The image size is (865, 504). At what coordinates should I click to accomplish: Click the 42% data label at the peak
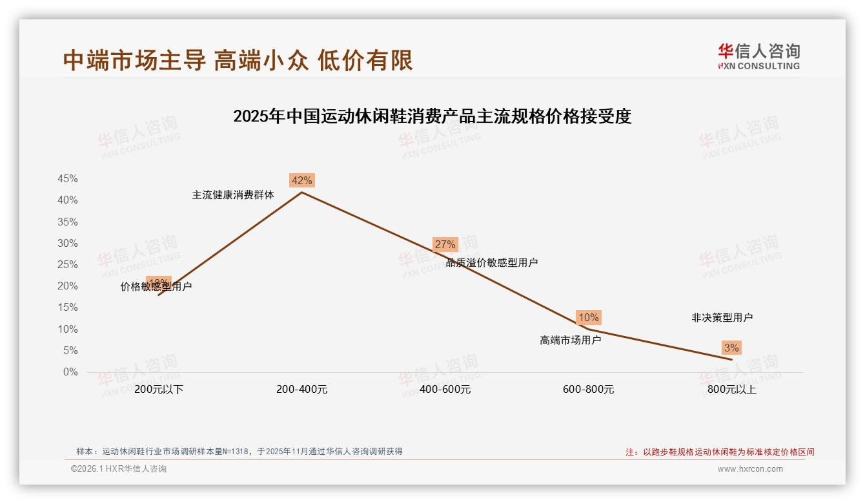click(x=301, y=181)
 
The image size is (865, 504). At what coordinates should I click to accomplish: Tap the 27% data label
click(x=445, y=244)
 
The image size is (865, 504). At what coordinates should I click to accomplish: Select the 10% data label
click(x=588, y=317)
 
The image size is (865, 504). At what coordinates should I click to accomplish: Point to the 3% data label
click(x=731, y=348)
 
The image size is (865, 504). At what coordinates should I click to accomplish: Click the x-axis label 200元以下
click(x=159, y=390)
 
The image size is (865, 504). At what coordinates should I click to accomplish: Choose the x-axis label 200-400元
click(x=301, y=390)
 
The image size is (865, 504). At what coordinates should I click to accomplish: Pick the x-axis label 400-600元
click(x=445, y=390)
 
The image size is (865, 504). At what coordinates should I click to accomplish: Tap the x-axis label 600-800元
click(x=588, y=390)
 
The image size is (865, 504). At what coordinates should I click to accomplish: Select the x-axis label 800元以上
click(x=731, y=390)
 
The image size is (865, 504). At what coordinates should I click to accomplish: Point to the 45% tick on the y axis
click(x=68, y=179)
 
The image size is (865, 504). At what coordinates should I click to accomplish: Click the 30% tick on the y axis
click(x=68, y=244)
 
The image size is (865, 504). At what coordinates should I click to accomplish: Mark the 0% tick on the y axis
click(x=70, y=372)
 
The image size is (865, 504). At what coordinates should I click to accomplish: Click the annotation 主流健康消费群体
click(x=233, y=194)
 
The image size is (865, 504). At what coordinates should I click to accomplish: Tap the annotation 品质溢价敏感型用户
click(x=492, y=262)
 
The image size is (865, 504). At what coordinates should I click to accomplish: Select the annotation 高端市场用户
click(x=570, y=340)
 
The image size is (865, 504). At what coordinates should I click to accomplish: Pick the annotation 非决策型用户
click(x=722, y=317)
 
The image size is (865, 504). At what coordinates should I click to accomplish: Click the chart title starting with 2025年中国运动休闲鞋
click(x=432, y=116)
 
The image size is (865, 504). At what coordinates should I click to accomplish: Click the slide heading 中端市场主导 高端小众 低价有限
click(x=238, y=60)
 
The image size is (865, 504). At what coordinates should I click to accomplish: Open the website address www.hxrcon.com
click(x=750, y=469)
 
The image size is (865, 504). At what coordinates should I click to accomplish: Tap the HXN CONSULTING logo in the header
click(x=758, y=56)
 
